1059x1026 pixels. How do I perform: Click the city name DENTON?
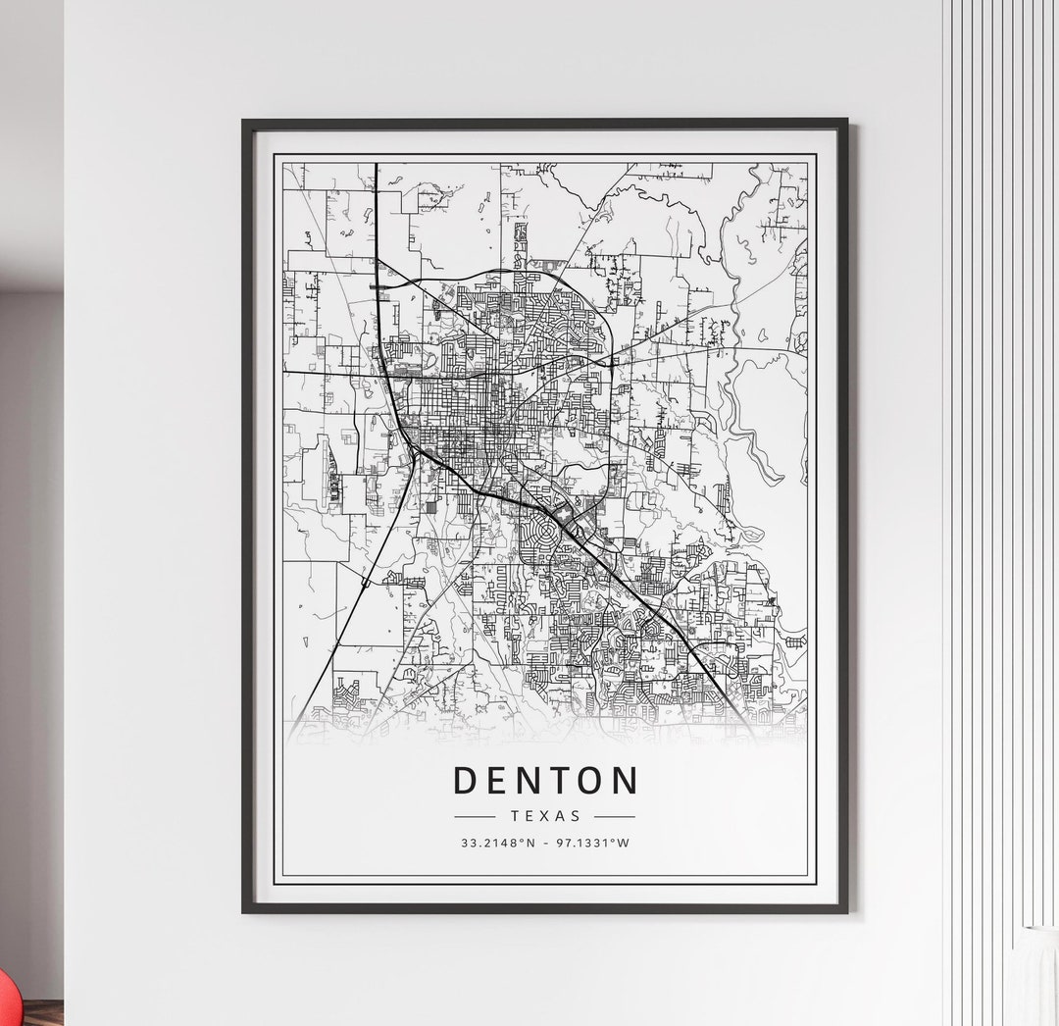(545, 781)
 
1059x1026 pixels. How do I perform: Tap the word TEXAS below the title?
(545, 816)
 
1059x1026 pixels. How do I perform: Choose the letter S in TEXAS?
(576, 816)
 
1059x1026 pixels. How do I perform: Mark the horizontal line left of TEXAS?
(476, 816)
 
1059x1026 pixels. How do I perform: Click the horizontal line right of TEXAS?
(615, 816)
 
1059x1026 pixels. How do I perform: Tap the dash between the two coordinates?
(545, 843)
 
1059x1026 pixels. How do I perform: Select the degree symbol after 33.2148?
(519, 840)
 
